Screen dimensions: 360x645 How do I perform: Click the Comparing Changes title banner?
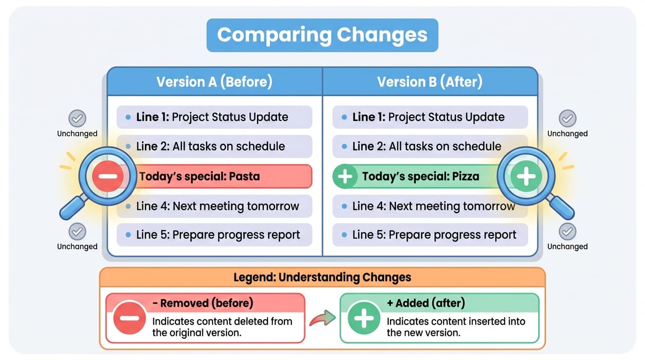pos(322,35)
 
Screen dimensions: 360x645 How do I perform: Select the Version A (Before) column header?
pos(214,82)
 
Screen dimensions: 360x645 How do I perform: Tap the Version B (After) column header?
pos(429,82)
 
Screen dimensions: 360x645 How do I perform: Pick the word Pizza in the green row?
pos(465,177)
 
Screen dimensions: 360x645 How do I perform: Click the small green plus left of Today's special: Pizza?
pos(345,177)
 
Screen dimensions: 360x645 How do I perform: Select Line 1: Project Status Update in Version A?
pos(212,117)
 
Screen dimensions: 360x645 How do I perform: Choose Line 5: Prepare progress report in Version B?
pos(434,235)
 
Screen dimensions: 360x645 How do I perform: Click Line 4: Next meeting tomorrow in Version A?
pos(217,206)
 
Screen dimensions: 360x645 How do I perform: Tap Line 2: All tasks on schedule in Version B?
pos(427,146)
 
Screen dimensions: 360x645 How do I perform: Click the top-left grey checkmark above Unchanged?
pos(77,118)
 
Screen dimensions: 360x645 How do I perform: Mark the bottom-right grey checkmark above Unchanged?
pos(568,231)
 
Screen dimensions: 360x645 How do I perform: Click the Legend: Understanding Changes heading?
pos(322,277)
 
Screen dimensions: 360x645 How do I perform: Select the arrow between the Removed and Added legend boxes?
pos(322,318)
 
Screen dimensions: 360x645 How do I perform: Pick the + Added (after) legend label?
pos(425,303)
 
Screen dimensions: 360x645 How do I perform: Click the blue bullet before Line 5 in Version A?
pos(128,235)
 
